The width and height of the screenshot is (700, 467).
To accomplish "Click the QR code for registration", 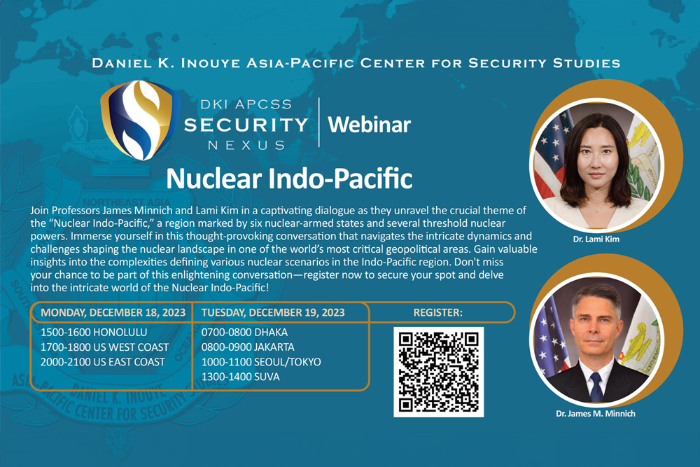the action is pyautogui.click(x=438, y=372).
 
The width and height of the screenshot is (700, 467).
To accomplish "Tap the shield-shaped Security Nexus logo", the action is pyautogui.click(x=140, y=120).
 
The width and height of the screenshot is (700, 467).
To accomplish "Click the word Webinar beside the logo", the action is pyautogui.click(x=369, y=125).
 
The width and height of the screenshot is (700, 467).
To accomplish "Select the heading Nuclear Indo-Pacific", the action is pyautogui.click(x=289, y=178).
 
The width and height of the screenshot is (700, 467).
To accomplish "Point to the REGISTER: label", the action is pyautogui.click(x=438, y=312).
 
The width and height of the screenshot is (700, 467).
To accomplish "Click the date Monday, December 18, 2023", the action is pyautogui.click(x=113, y=312).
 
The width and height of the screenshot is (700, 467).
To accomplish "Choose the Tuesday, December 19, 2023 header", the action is pyautogui.click(x=273, y=312).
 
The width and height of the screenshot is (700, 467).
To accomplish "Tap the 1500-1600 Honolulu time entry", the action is pyautogui.click(x=94, y=332).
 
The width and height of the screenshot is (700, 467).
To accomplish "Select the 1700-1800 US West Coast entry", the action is pyautogui.click(x=104, y=347).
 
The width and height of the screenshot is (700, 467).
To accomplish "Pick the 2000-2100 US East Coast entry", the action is pyautogui.click(x=103, y=362).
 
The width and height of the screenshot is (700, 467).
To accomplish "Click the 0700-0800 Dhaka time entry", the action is pyautogui.click(x=244, y=332).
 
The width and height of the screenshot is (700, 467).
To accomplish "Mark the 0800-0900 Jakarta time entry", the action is pyautogui.click(x=248, y=347).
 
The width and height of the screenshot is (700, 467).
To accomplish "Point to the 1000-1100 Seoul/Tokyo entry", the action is pyautogui.click(x=260, y=362).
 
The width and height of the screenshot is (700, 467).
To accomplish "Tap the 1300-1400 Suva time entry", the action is pyautogui.click(x=240, y=377).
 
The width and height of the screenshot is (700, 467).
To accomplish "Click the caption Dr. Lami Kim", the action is pyautogui.click(x=596, y=239).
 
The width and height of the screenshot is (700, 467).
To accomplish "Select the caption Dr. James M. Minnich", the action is pyautogui.click(x=596, y=413).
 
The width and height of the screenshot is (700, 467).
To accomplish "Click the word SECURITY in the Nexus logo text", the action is pyautogui.click(x=246, y=125).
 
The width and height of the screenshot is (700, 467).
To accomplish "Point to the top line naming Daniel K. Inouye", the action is pyautogui.click(x=356, y=63).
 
